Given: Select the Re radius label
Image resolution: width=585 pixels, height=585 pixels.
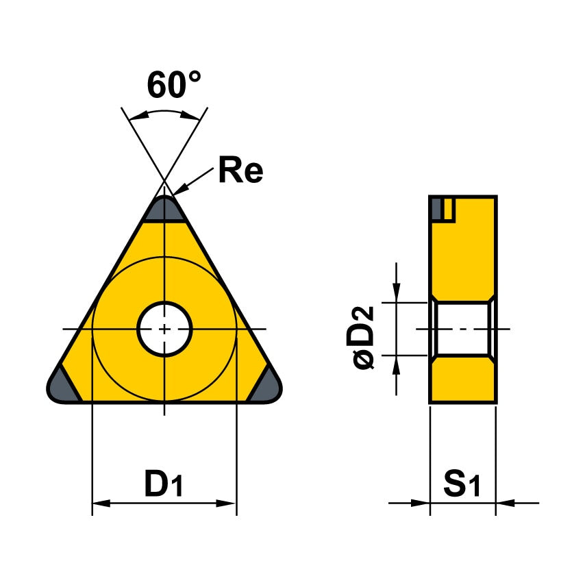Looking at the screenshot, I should (240, 171).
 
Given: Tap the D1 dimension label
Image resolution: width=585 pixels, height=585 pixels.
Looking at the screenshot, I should (164, 485).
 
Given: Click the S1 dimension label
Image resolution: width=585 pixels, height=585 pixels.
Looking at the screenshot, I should (463, 485).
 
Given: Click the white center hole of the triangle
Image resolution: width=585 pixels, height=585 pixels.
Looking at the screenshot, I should (164, 329).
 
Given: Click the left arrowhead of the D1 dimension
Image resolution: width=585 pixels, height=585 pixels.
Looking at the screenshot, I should (100, 503).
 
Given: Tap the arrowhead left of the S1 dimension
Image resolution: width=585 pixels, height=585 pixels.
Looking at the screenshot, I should (421, 503).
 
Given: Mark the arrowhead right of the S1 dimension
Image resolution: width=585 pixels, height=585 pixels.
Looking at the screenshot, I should (504, 503).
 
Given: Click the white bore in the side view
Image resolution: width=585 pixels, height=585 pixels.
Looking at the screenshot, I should (462, 329).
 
